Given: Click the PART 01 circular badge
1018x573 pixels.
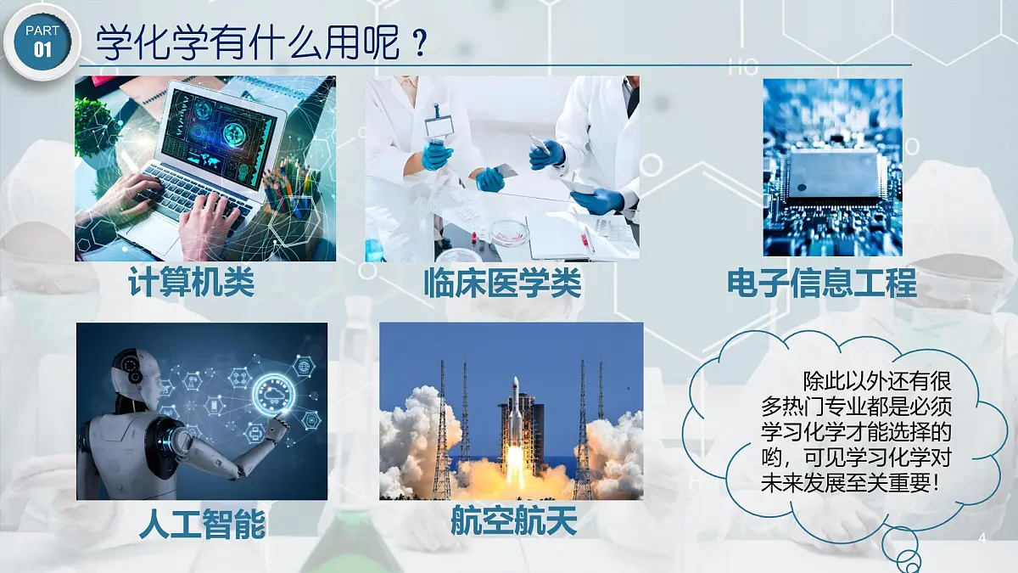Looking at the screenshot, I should click(x=40, y=41).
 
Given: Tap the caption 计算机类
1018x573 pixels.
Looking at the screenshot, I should click(x=192, y=284).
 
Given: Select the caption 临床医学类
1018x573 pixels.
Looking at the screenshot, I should click(x=502, y=284).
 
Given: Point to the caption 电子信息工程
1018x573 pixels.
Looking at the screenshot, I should click(x=821, y=284).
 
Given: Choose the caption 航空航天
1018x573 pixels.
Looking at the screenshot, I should click(x=513, y=520).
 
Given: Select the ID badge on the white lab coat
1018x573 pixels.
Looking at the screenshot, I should click(x=439, y=125).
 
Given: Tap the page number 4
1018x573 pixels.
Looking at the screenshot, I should click(x=982, y=539).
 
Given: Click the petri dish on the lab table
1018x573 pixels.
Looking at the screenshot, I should click(x=507, y=230).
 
